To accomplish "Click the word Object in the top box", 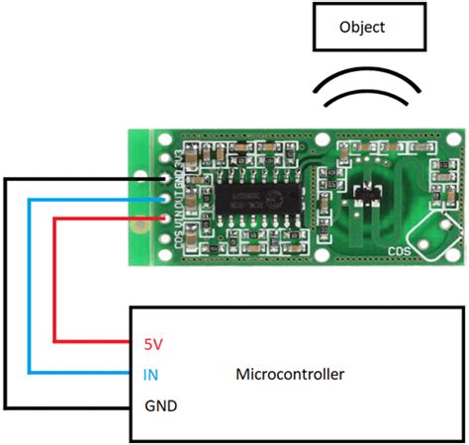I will pyautogui.click(x=362, y=27).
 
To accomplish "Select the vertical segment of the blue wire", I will pyautogui.click(x=30, y=287).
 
